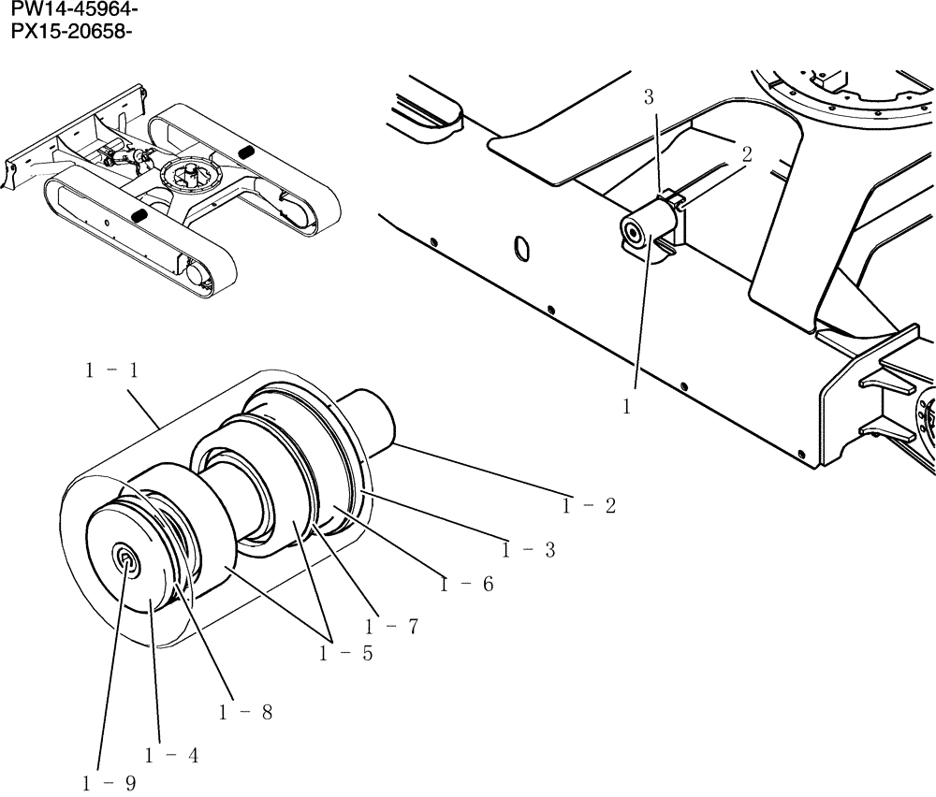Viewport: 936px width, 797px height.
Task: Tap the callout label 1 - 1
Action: [111, 371]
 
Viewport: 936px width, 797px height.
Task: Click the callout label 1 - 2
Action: [589, 506]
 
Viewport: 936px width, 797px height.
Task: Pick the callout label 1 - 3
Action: [528, 551]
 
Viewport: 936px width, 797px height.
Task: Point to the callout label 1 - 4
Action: [466, 585]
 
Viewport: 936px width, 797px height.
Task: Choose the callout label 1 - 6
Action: [245, 712]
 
